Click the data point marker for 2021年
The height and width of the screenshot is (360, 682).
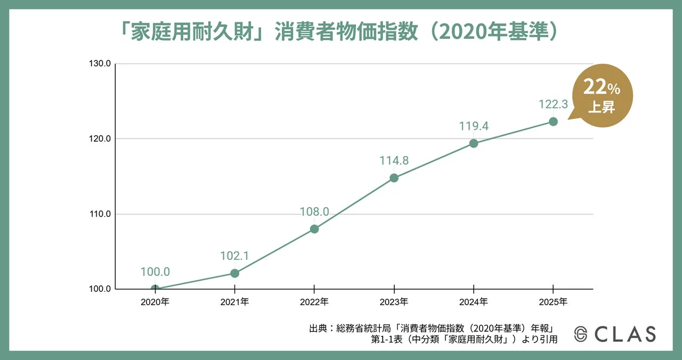pyautogui.click(x=234, y=273)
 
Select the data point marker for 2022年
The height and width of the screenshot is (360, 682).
pyautogui.click(x=314, y=229)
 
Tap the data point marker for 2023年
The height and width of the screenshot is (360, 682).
pyautogui.click(x=394, y=178)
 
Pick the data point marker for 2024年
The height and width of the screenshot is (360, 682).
pyautogui.click(x=474, y=143)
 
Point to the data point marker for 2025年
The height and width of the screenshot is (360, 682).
pyautogui.click(x=553, y=121)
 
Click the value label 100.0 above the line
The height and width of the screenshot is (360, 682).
pyautogui.click(x=155, y=272)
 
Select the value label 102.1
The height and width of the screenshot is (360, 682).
pyautogui.click(x=234, y=256)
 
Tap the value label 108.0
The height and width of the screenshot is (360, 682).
pyautogui.click(x=314, y=212)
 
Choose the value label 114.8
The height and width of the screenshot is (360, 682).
pyautogui.click(x=394, y=160)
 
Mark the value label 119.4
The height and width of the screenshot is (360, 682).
pyautogui.click(x=474, y=126)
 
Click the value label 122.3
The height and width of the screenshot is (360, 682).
pyautogui.click(x=553, y=104)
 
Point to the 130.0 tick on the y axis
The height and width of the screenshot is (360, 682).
pyautogui.click(x=100, y=64)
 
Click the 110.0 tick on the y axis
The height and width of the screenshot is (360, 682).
pyautogui.click(x=100, y=214)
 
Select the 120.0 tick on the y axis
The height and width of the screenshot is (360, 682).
pyautogui.click(x=100, y=139)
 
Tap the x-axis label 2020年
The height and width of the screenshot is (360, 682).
pyautogui.click(x=155, y=302)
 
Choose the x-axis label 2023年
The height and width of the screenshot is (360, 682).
pyautogui.click(x=394, y=302)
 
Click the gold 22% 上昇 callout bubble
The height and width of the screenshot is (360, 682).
pyautogui.click(x=602, y=95)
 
